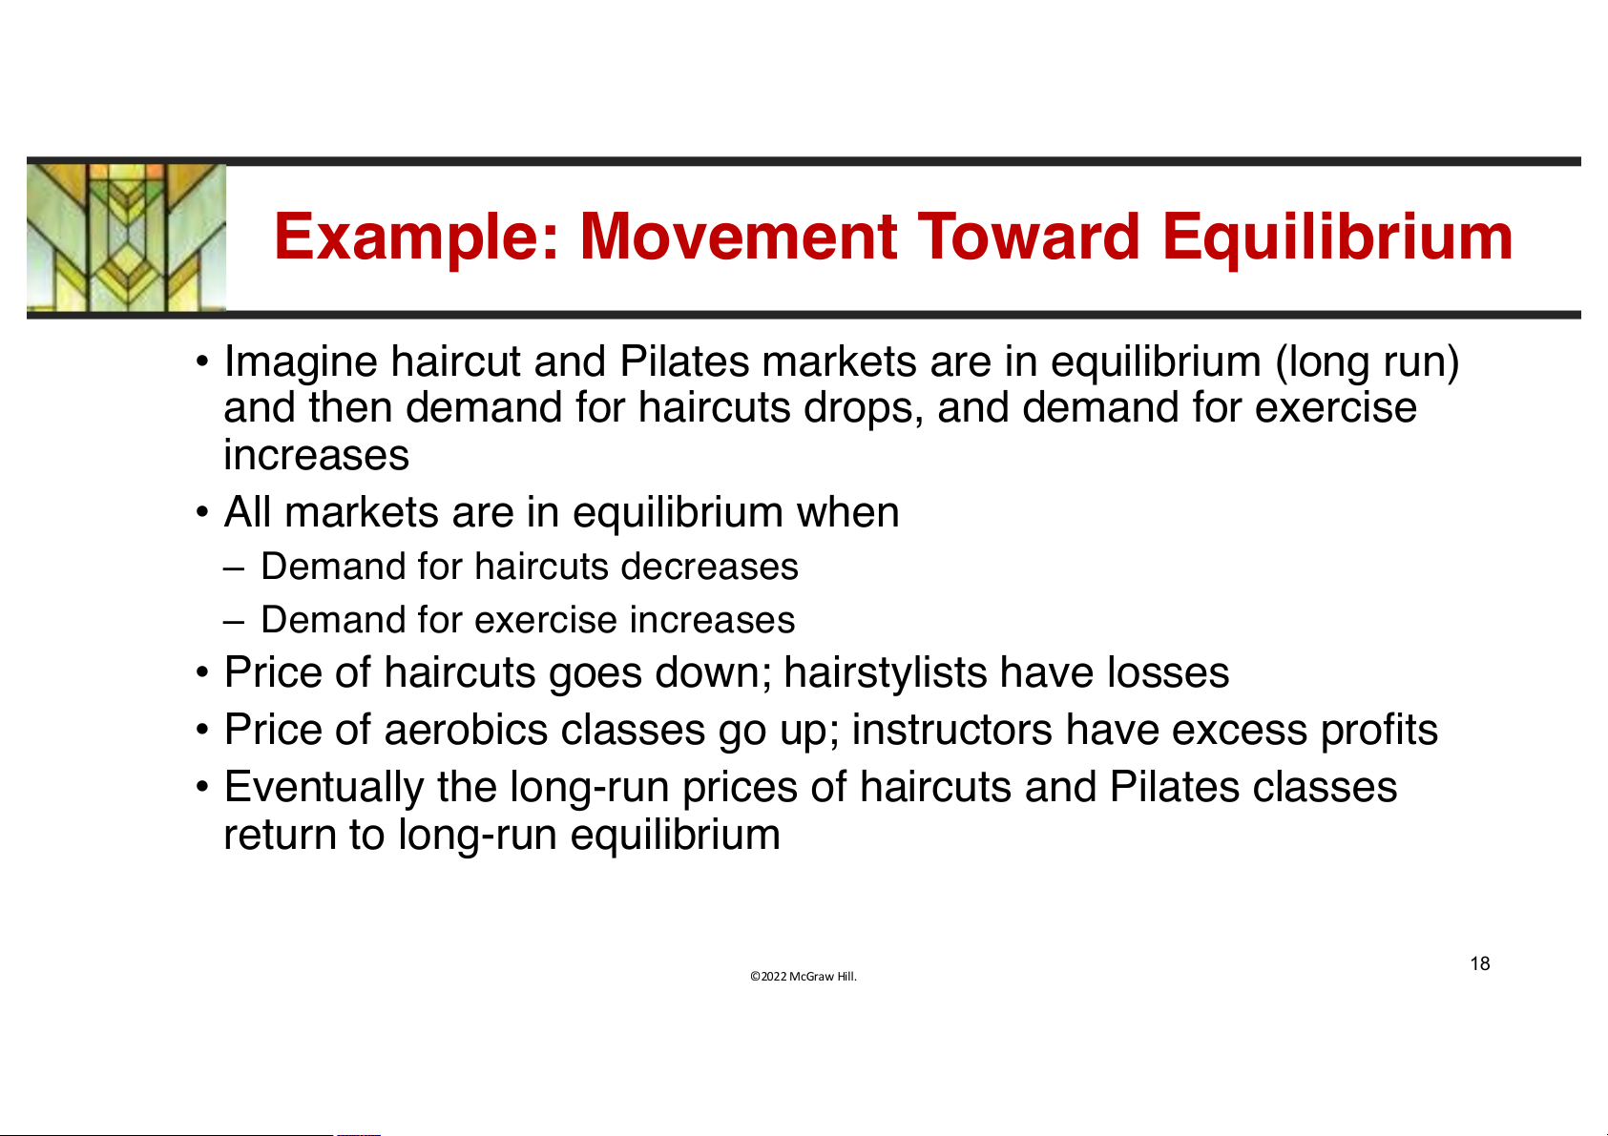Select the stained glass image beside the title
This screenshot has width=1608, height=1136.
click(x=126, y=238)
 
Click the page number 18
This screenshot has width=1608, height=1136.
click(x=1479, y=963)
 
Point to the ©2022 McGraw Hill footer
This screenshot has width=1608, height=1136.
click(x=804, y=976)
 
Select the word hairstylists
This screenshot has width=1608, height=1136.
click(x=886, y=673)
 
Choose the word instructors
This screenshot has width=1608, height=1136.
click(x=951, y=730)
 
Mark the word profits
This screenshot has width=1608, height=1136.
click(x=1380, y=732)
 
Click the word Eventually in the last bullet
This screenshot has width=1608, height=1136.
click(x=324, y=788)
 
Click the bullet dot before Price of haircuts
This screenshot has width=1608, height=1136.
click(x=202, y=673)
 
